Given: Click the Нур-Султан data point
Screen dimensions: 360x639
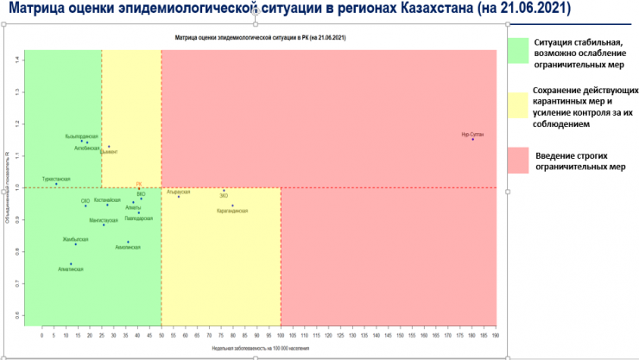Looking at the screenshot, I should pyautogui.click(x=472, y=139).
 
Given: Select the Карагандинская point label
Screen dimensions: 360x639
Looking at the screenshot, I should pyautogui.click(x=232, y=211).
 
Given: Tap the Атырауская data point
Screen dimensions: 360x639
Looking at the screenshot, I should pyautogui.click(x=179, y=197).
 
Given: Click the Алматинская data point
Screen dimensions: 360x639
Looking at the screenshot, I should pyautogui.click(x=71, y=264).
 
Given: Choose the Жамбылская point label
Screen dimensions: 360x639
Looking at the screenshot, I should pyautogui.click(x=76, y=238).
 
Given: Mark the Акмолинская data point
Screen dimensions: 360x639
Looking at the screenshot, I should pyautogui.click(x=128, y=242).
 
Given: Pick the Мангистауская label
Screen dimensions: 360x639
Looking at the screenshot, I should pyautogui.click(x=103, y=220).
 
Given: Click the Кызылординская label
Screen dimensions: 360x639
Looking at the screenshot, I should pyautogui.click(x=81, y=136).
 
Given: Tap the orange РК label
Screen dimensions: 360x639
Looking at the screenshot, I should pyautogui.click(x=138, y=184).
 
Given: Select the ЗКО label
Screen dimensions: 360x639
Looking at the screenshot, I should pyautogui.click(x=224, y=196).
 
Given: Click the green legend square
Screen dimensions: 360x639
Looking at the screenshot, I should pyautogui.click(x=518, y=50).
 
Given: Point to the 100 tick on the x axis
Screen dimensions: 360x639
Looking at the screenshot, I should pyautogui.click(x=281, y=334).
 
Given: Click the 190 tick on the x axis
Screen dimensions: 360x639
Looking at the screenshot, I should pyautogui.click(x=495, y=334).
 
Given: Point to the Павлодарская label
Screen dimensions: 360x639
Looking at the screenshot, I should pyautogui.click(x=138, y=218).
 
